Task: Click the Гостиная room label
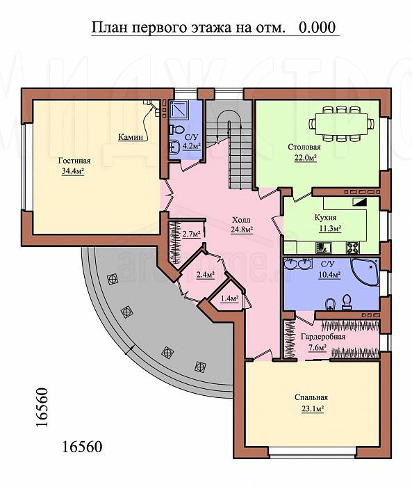[x=74, y=161]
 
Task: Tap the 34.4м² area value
[x=73, y=171]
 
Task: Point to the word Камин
[x=131, y=137]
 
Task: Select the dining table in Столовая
[x=341, y=124]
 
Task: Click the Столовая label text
[x=304, y=147]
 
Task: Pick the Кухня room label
[x=325, y=217]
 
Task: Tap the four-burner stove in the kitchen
[x=353, y=248]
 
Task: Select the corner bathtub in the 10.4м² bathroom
[x=365, y=272]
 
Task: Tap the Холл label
[x=241, y=221]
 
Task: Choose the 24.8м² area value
[x=242, y=230]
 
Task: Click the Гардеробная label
[x=323, y=337]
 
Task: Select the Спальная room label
[x=311, y=397]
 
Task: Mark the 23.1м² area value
[x=313, y=409]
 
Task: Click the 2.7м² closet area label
[x=191, y=234]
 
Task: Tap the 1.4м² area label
[x=229, y=298]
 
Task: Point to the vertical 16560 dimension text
[x=42, y=408]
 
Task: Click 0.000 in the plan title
[x=317, y=27]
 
